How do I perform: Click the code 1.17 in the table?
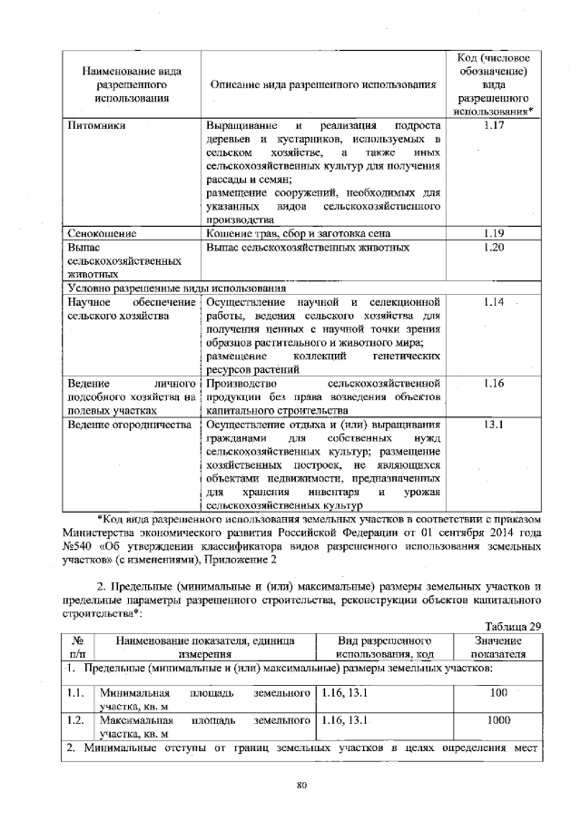click(x=493, y=126)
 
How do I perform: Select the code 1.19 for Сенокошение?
click(x=493, y=234)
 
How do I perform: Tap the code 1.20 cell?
click(x=493, y=248)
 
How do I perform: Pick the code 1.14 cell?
click(x=493, y=301)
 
